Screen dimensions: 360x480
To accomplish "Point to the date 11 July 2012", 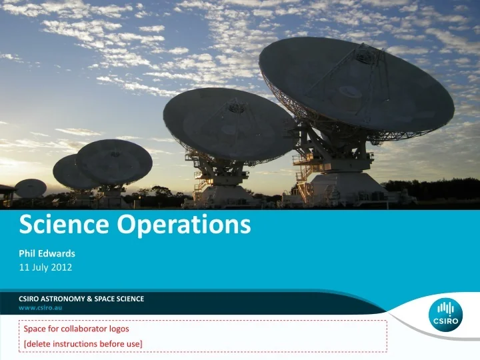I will click(45, 267).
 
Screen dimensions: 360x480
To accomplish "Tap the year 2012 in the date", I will click(63, 267).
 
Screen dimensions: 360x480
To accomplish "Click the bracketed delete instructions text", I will click(83, 343).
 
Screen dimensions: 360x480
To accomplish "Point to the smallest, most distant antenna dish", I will click(31, 188).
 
